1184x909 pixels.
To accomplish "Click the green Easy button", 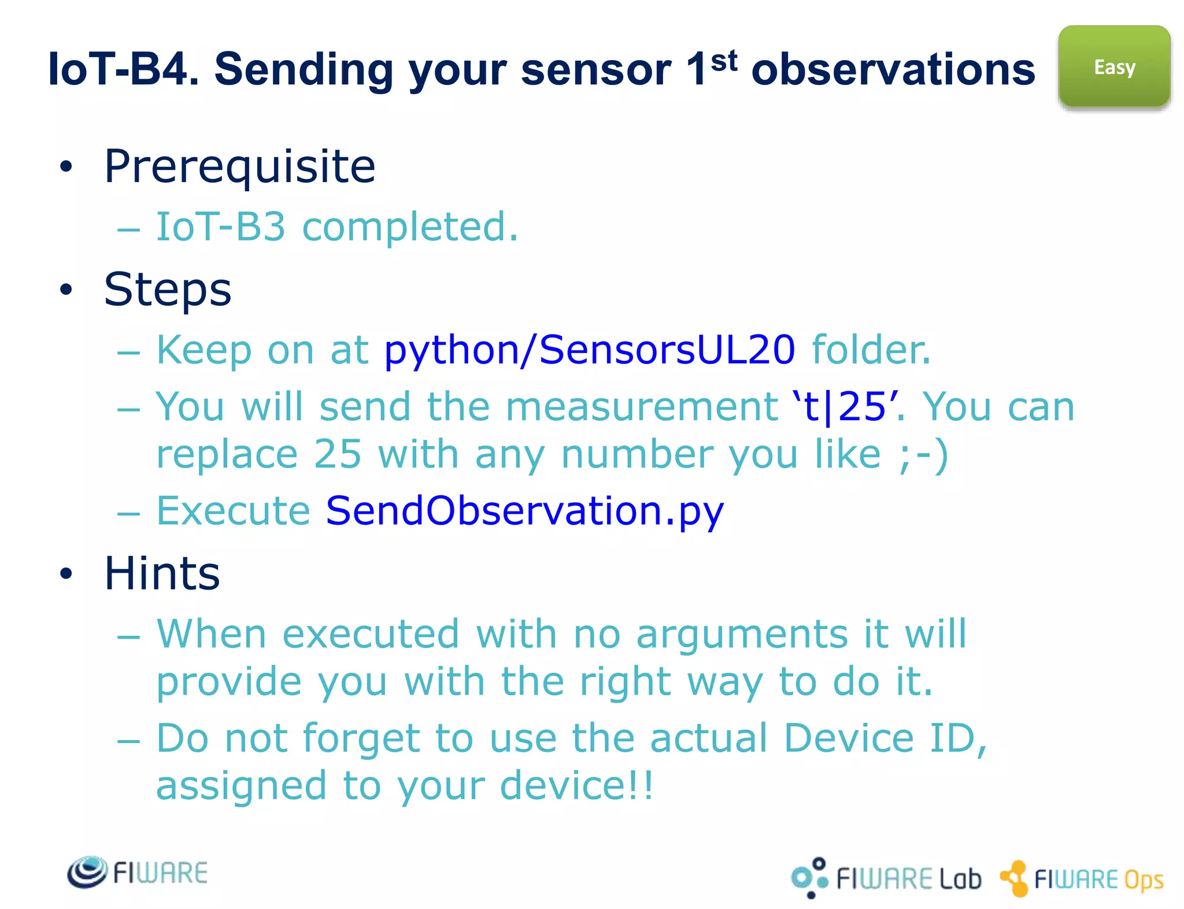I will coord(1114,66).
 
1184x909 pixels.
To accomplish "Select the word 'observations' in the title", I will coord(893,69).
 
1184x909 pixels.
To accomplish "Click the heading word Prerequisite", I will coord(239,166).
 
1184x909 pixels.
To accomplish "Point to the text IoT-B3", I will coord(221,227).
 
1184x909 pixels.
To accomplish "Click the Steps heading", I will coord(168,290).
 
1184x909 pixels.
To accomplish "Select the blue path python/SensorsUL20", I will coord(589,350).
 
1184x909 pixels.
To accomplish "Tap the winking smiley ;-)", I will coord(923,455).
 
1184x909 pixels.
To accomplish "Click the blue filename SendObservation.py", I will coord(524,511).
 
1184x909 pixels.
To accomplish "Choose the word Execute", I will coord(234,511).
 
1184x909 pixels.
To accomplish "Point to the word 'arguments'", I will coord(742,635).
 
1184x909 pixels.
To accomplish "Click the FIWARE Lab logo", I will coord(886,878).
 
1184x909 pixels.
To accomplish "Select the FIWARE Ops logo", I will coord(1082,879).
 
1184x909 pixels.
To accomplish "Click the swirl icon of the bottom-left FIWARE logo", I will coord(87,872).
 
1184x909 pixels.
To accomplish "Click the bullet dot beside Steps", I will coord(66,290).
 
